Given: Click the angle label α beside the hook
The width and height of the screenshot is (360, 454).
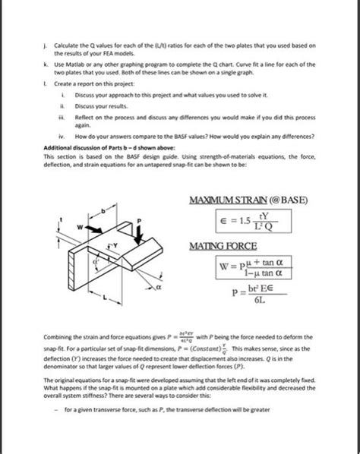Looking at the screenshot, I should pyautogui.click(x=159, y=288).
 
